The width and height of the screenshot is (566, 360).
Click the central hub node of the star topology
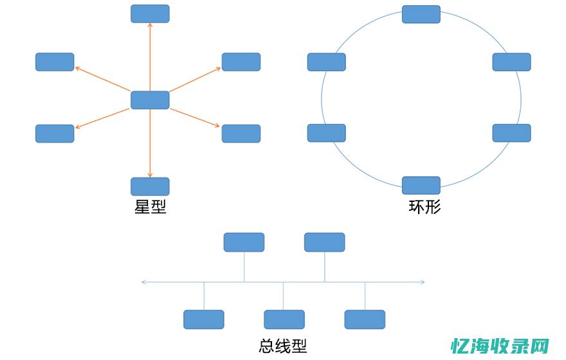[x=150, y=100]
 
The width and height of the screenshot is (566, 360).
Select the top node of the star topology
[x=150, y=14]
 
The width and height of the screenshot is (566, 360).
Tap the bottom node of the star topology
[x=150, y=186]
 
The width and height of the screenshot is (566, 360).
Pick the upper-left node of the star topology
[x=55, y=62]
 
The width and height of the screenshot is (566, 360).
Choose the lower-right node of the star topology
[x=241, y=134]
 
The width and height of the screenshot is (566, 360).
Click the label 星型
[x=151, y=207]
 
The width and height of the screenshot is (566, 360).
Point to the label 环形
[x=425, y=207]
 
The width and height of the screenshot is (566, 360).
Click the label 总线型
[x=282, y=346]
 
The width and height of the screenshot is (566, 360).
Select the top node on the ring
[x=421, y=14]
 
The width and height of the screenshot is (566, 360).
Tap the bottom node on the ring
[x=421, y=185]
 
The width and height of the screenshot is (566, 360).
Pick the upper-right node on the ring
[x=512, y=62]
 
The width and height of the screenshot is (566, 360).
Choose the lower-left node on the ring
[x=327, y=133]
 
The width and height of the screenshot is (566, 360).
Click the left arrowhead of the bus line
[x=143, y=282]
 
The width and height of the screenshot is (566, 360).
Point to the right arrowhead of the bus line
[x=422, y=282]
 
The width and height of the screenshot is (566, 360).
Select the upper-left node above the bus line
[x=244, y=242]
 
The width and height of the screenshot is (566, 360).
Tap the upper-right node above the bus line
[x=324, y=242]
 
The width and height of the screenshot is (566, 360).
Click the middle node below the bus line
[x=284, y=319]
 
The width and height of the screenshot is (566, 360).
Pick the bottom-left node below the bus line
[x=204, y=319]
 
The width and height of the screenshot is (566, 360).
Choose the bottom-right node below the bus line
[x=365, y=319]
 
